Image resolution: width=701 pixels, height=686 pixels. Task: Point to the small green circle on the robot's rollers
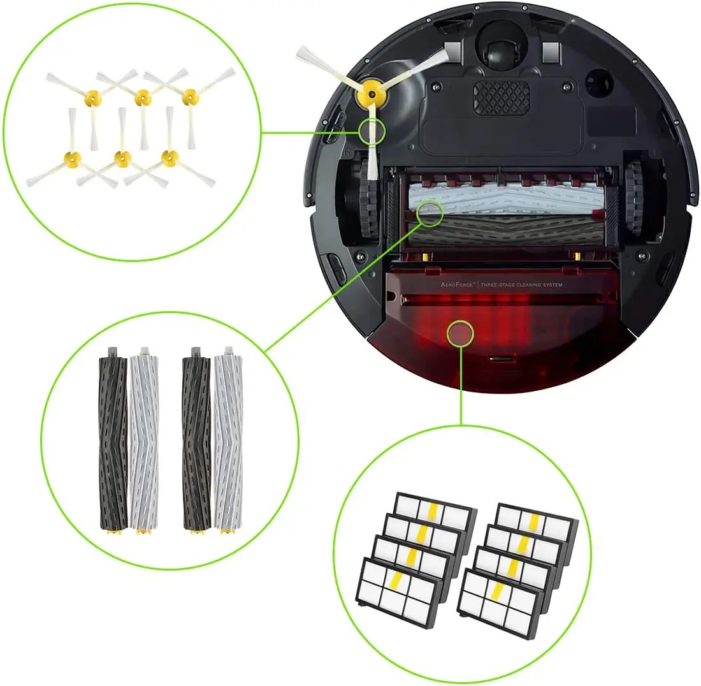[x=430, y=212]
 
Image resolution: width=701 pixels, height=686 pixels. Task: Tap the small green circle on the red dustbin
[x=460, y=333]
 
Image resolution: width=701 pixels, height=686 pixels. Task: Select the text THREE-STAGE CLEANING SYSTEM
[x=530, y=284]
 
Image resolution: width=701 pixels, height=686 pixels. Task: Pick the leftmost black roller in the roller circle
[x=113, y=440]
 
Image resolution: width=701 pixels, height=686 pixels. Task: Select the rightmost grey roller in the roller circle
[x=226, y=440]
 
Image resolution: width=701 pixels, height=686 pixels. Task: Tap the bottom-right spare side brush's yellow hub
[x=169, y=157]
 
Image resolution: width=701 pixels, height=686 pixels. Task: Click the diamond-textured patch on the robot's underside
[x=501, y=98]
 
